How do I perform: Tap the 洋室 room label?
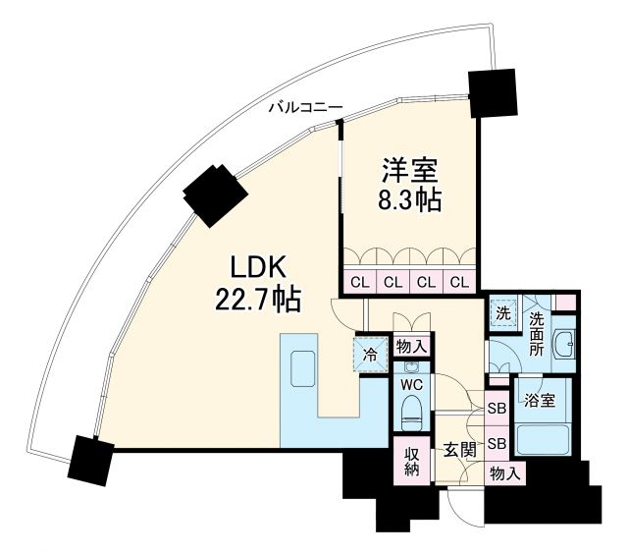click(x=411, y=170)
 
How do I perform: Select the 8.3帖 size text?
click(x=411, y=200)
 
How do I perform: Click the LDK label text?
click(x=257, y=267)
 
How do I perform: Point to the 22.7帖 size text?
click(x=258, y=298)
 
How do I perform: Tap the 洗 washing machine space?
click(x=502, y=315)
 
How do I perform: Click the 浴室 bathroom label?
click(x=540, y=402)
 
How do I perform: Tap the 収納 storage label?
click(x=411, y=461)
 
